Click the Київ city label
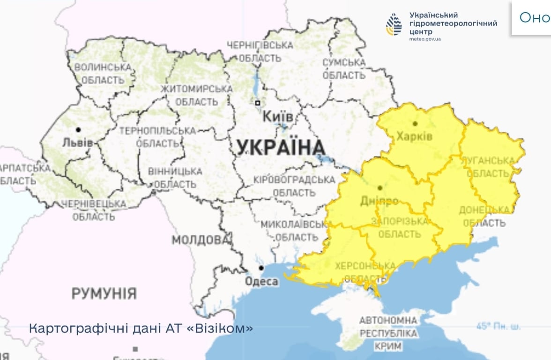(278, 116)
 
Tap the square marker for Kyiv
(257, 103)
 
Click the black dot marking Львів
(78, 129)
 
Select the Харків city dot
(415, 124)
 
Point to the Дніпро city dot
(380, 187)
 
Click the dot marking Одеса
(261, 268)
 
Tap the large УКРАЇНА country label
(281, 148)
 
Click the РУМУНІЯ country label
(104, 294)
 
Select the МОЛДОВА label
(200, 240)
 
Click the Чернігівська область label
(260, 52)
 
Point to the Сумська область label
(344, 69)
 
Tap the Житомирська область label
(196, 95)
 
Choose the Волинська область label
(103, 74)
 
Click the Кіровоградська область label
(294, 186)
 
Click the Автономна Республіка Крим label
(387, 334)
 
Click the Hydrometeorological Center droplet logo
(394, 24)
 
